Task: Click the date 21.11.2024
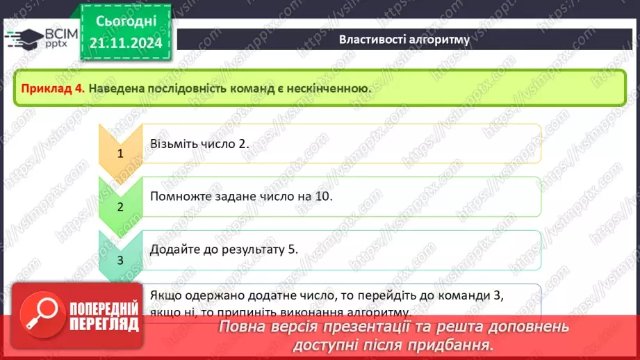coord(126,43)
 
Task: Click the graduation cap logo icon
coord(23,38)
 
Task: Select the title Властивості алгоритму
coord(404,39)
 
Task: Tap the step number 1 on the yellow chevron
coord(120,154)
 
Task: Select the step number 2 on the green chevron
coord(120,207)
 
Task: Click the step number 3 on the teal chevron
coord(120,261)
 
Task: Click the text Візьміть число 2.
coord(199,144)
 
